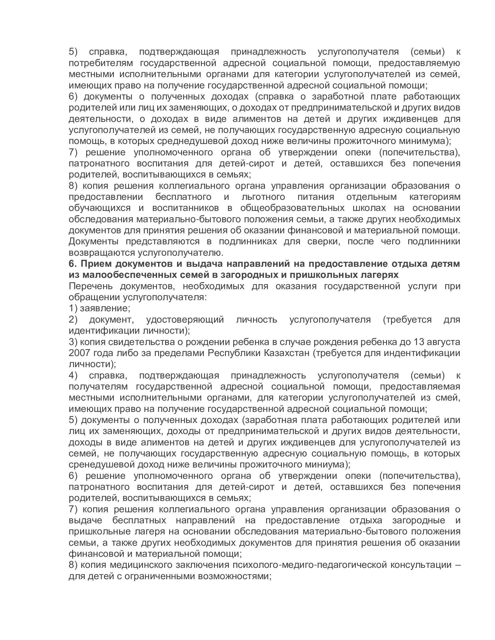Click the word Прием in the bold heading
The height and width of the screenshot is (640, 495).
point(95,264)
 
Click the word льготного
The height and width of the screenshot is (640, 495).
point(263,197)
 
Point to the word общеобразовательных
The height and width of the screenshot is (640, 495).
point(292,208)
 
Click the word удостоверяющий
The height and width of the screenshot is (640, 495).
point(185,319)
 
